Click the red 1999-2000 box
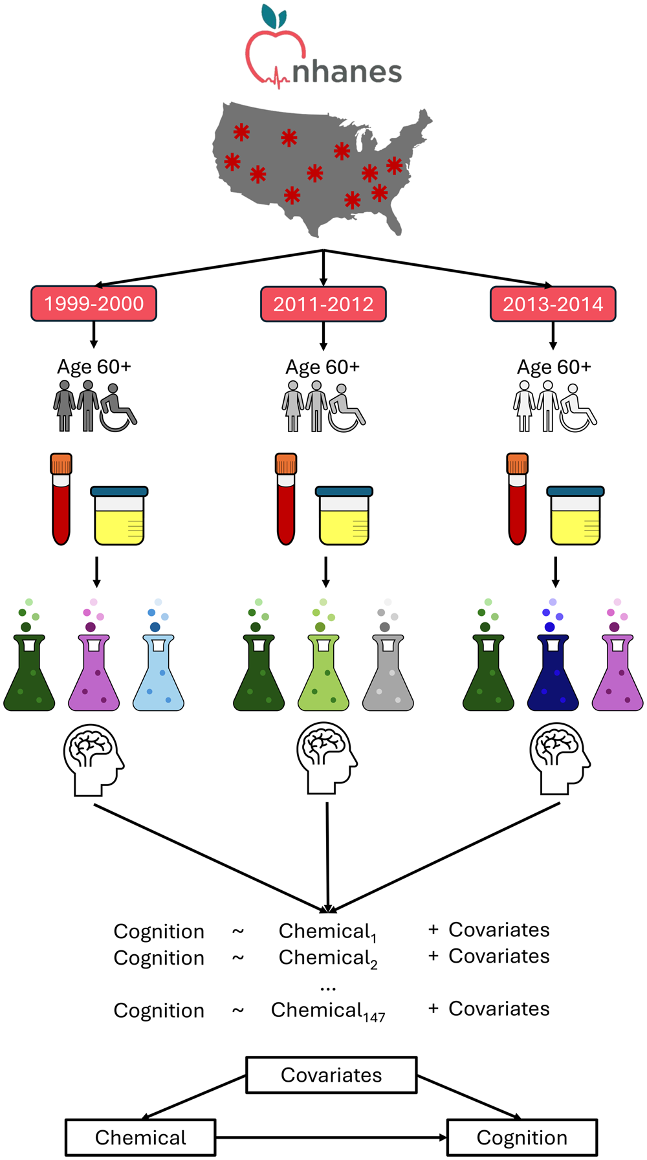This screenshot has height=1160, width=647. (x=94, y=303)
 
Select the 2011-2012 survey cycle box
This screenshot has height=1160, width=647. (x=323, y=304)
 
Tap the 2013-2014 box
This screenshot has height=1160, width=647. (x=553, y=304)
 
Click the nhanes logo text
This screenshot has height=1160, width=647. (x=347, y=72)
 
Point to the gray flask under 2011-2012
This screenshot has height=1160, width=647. (x=388, y=673)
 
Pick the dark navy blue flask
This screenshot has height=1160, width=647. (x=553, y=673)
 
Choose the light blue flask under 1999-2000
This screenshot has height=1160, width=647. (x=159, y=673)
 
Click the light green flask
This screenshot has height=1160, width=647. (x=323, y=673)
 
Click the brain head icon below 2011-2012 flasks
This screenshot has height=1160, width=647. (x=327, y=758)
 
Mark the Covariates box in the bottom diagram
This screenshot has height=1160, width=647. (x=331, y=1075)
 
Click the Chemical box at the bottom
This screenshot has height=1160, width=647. (x=140, y=1137)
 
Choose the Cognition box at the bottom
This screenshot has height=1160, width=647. (x=521, y=1137)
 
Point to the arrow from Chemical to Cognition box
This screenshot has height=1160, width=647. (x=330, y=1137)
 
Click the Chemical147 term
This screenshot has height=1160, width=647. (x=327, y=1011)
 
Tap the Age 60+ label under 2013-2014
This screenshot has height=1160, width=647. (x=554, y=367)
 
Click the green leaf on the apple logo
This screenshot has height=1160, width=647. (x=274, y=16)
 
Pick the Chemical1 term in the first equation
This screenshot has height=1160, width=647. (x=327, y=931)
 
